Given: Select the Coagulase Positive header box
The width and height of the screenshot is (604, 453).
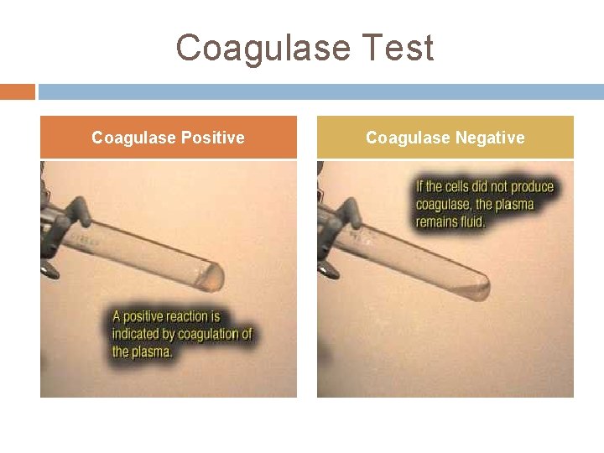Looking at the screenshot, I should pos(169,137).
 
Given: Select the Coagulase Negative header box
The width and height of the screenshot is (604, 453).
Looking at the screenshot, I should pos(445,137).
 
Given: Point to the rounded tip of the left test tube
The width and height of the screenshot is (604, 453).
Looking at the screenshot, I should pos(216,273).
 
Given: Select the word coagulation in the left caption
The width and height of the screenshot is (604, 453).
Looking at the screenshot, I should pos(199,334).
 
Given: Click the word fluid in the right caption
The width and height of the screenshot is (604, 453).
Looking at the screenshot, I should pos(472,221).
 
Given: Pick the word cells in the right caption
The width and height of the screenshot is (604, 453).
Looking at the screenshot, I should pos(459,186).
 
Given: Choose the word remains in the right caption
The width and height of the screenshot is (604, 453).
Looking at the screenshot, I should pos(439,221).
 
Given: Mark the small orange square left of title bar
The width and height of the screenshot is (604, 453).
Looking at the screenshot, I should pos(18,91).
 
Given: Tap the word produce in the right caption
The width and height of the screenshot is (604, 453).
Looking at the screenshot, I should pos(531,186).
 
